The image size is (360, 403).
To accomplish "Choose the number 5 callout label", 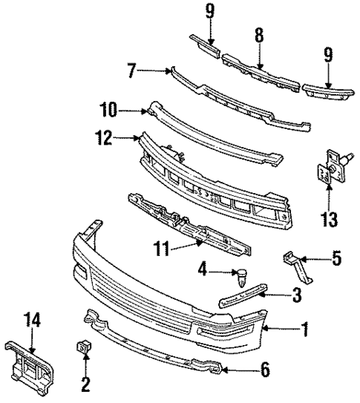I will [336, 260].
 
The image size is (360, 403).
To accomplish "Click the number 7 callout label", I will [132, 72].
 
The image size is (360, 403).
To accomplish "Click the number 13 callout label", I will [329, 219].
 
